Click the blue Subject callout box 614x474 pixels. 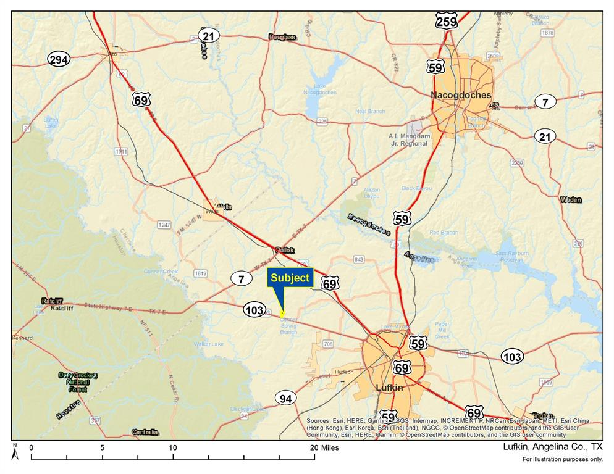click(290, 278)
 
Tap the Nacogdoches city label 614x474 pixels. click(461, 95)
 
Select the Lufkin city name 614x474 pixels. click(389, 388)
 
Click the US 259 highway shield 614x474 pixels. click(446, 22)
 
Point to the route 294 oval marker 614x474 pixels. click(59, 60)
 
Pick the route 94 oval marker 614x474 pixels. click(285, 399)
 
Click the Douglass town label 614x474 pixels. click(282, 37)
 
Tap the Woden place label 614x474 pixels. click(571, 200)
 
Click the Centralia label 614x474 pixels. click(145, 432)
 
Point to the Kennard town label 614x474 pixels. click(22, 338)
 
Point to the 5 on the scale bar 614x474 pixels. click(103, 447)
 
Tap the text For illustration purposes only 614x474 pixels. click(561, 460)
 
